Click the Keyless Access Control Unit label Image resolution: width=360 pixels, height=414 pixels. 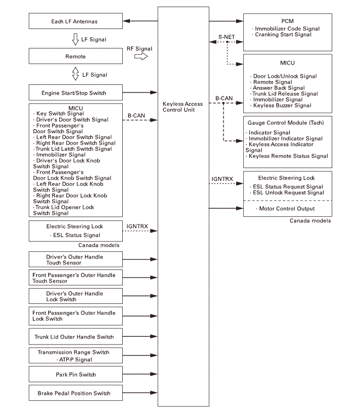pyautogui.click(x=183, y=107)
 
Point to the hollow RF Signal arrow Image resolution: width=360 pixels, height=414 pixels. pyautogui.click(x=140, y=56)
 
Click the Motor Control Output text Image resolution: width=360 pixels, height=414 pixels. pyautogui.click(x=286, y=209)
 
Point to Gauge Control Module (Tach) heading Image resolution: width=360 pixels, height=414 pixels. pyautogui.click(x=287, y=123)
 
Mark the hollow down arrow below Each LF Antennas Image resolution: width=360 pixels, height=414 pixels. pyautogui.click(x=75, y=39)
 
